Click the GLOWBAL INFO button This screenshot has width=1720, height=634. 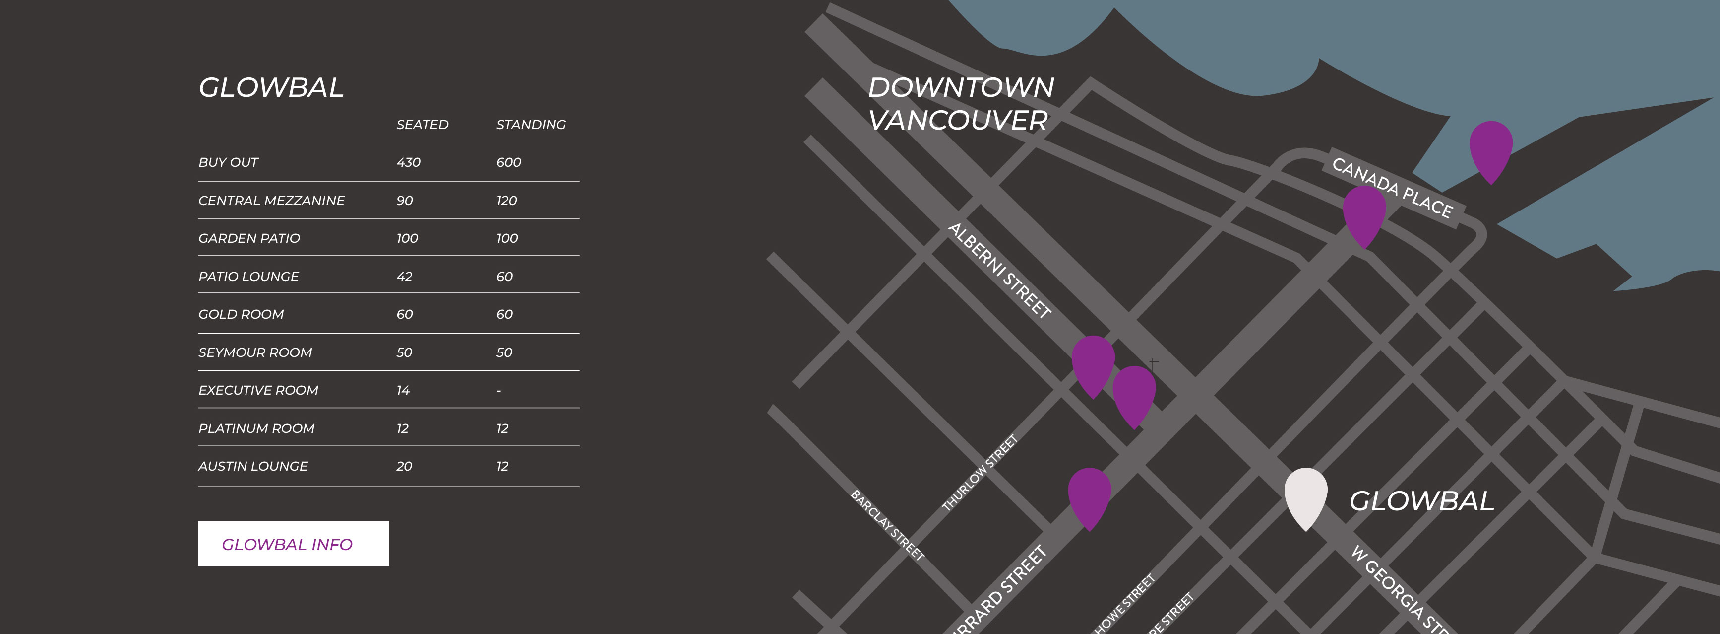[293, 544]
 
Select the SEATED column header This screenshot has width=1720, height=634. [422, 125]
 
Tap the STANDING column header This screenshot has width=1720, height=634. [531, 125]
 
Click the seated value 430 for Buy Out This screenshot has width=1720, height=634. [408, 162]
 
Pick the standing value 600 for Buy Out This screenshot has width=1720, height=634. [508, 162]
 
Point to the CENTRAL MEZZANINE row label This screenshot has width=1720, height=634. [271, 201]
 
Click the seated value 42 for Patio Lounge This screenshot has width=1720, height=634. [404, 277]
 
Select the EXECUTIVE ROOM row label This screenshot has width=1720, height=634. [258, 390]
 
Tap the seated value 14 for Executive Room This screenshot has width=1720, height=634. [403, 390]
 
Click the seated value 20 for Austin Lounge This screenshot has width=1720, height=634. [404, 466]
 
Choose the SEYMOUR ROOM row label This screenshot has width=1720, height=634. [255, 352]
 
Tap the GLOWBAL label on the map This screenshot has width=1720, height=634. [1421, 501]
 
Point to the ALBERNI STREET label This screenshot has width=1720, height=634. [999, 271]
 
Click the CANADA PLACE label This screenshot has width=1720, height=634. [1392, 188]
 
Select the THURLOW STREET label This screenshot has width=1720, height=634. [979, 473]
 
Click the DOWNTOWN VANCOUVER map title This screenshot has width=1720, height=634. [960, 104]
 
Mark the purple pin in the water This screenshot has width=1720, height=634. [1490, 147]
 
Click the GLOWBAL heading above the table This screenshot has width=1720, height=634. [271, 87]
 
